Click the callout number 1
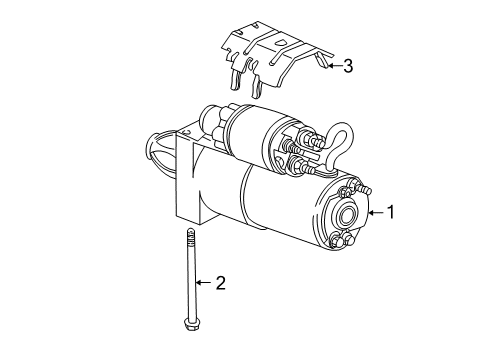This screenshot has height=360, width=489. (393, 211)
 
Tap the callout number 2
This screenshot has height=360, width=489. (221, 283)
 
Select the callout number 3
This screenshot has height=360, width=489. (347, 67)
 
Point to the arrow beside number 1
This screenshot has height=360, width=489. (375, 211)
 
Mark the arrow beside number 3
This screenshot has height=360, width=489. (332, 67)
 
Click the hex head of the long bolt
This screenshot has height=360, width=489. (188, 323)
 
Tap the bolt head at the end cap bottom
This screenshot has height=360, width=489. (336, 241)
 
